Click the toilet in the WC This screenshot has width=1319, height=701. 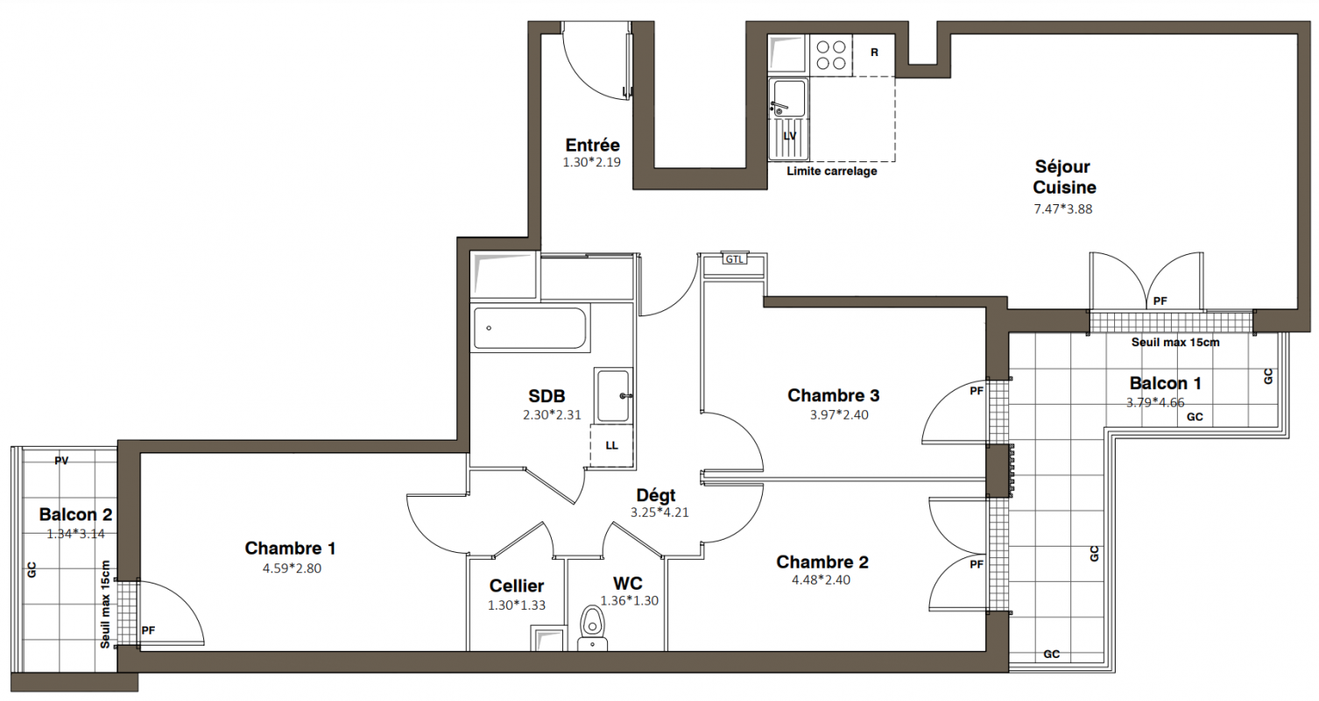pos(592,628)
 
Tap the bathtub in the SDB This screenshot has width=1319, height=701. pos(530,328)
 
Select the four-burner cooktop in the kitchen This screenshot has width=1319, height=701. pos(831,55)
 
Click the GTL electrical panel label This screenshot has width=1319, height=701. pos(734,259)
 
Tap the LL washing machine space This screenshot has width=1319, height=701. pos(612,446)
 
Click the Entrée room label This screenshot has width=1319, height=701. pos(592,145)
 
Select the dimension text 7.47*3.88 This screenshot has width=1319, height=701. pos(1063,209)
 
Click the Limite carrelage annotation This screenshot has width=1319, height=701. pos(832,172)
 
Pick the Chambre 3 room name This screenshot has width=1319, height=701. pos(833,395)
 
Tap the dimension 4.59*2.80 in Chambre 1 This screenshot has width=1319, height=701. pos(292,569)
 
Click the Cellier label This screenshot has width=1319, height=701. pos(517,586)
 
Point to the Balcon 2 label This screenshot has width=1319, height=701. pos(75,515)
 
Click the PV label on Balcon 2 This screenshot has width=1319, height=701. pos(61,461)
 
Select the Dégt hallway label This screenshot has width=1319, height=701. pos(656,495)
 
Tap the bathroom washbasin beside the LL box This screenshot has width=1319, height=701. pos(613,395)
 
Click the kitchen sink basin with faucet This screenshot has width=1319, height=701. pos(788,98)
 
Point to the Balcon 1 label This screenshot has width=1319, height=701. pos(1166,384)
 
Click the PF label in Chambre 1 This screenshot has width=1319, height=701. pos(148,631)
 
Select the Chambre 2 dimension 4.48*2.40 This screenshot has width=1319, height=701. pos(821,580)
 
